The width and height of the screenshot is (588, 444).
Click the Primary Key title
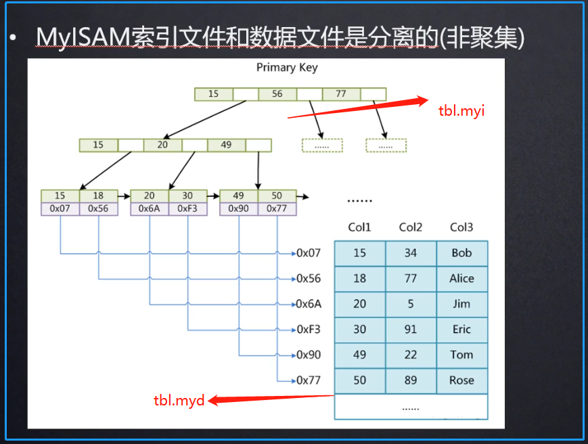[x=287, y=68]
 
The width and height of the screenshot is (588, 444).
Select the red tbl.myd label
[x=179, y=400]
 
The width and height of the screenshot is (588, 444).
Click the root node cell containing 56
[x=277, y=94]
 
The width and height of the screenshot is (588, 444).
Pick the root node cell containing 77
[x=341, y=94]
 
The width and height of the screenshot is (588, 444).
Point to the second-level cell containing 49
[x=226, y=145]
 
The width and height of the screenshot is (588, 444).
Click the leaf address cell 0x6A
[x=149, y=209]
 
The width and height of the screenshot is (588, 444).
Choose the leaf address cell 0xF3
[x=187, y=209]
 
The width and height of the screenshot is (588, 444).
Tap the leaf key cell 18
[x=98, y=196]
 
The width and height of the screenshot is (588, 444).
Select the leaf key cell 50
[x=277, y=196]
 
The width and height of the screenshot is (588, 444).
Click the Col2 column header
[x=411, y=227]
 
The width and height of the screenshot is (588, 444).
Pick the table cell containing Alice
[x=461, y=278]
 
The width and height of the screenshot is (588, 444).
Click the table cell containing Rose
[x=461, y=380]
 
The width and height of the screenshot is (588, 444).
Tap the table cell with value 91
[x=411, y=330]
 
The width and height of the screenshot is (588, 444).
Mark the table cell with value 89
[x=411, y=380]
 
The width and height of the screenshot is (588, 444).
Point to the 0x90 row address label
[x=309, y=355]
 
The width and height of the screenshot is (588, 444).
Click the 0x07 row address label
[x=309, y=253]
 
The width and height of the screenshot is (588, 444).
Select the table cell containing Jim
[x=461, y=304]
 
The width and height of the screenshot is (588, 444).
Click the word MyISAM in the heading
[x=83, y=38]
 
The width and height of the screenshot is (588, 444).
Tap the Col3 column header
[x=461, y=227]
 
